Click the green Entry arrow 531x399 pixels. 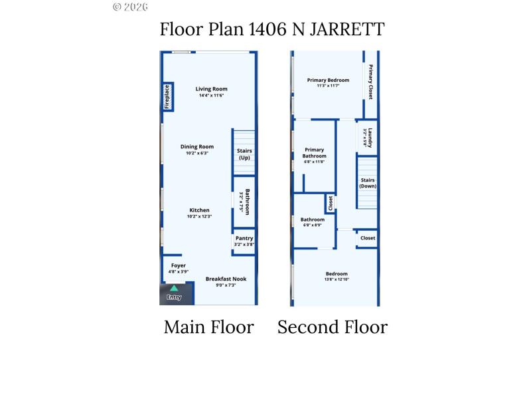[x=174, y=289]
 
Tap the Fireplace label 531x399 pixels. [x=168, y=96]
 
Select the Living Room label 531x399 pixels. [x=211, y=88]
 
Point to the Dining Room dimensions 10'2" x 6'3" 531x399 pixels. [x=197, y=154]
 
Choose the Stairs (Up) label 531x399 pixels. [x=244, y=154]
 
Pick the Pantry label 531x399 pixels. [x=244, y=238]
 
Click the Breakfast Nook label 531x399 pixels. [x=225, y=279]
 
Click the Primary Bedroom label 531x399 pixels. [x=328, y=80]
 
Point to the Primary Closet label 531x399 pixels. [x=370, y=82]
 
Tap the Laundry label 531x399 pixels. [x=370, y=138]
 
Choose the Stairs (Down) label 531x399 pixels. [x=368, y=183]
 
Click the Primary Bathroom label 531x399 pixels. [x=315, y=153]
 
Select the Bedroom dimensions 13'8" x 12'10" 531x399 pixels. [x=336, y=280]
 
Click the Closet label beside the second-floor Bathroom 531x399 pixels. [x=330, y=203]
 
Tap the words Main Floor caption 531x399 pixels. [x=208, y=327]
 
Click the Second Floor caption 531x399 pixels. [x=332, y=327]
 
